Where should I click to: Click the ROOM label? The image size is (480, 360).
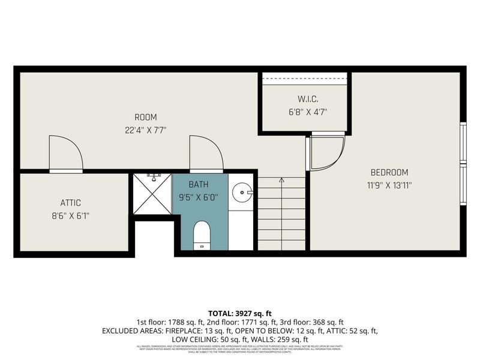click(145, 117)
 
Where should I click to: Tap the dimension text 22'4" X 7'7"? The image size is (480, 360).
click(145, 129)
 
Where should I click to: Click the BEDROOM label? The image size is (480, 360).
click(389, 172)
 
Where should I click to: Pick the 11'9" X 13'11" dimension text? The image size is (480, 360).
click(389, 185)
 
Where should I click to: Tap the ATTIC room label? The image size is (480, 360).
click(70, 203)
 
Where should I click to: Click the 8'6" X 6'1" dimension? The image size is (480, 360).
click(70, 215)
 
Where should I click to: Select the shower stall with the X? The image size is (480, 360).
click(152, 194)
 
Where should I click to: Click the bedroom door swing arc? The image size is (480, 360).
click(328, 152)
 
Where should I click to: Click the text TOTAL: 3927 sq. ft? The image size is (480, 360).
click(240, 313)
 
